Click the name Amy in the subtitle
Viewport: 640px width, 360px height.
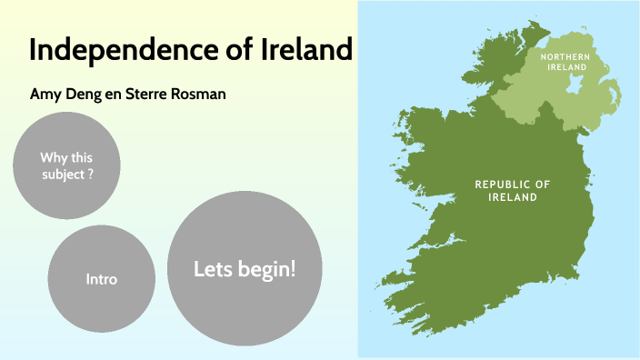(x=45, y=94)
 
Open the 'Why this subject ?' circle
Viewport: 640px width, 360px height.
(x=67, y=165)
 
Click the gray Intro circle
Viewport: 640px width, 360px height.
(x=101, y=278)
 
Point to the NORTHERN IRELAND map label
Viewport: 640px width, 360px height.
(x=565, y=63)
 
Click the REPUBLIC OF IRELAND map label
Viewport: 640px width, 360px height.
(x=513, y=190)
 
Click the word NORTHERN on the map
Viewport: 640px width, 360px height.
(x=565, y=56)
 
